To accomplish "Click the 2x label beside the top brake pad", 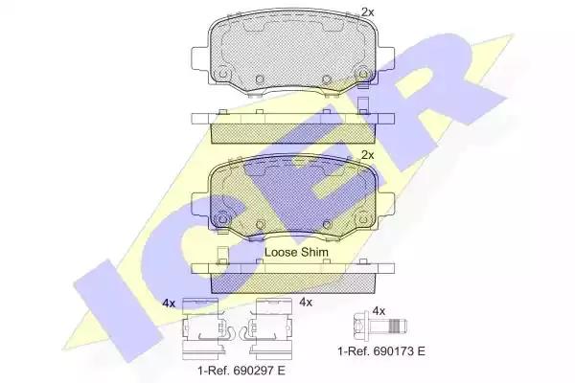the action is tap(367, 12).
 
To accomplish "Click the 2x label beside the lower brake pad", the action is tap(367, 155).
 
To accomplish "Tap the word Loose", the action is tap(281, 252).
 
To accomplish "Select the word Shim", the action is tap(314, 252).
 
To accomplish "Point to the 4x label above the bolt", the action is tap(379, 311).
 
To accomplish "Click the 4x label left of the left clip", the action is tap(169, 304).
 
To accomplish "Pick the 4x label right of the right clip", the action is tap(306, 302).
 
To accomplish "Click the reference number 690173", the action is tap(393, 351).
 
